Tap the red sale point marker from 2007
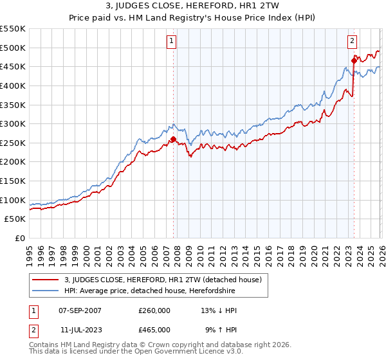pyautogui.click(x=173, y=139)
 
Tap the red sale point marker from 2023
pyautogui.click(x=354, y=61)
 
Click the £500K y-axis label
pyautogui.click(x=13, y=48)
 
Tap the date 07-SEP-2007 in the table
pyautogui.click(x=77, y=310)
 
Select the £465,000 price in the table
pyautogui.click(x=154, y=329)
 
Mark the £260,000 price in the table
pyautogui.click(x=154, y=310)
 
